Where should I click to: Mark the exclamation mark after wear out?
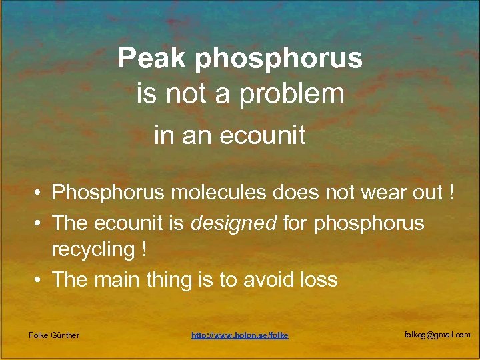453,193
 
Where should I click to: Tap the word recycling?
93,249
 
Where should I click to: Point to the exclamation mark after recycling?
143,249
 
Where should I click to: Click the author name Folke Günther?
54,335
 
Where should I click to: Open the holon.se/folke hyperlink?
240,335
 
